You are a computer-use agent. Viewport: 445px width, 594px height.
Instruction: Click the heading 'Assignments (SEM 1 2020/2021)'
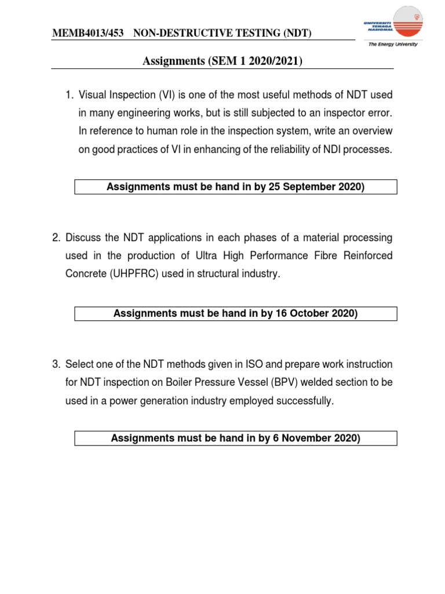222,60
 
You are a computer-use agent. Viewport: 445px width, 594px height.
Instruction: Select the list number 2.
56,238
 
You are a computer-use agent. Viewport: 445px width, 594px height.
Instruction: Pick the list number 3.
56,364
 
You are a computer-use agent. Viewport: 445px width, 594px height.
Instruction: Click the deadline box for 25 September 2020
235,187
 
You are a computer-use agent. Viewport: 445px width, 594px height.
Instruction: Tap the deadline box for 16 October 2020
235,314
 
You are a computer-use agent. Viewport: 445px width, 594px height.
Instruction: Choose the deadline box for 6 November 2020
235,439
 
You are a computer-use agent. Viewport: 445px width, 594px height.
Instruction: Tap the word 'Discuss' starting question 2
84,238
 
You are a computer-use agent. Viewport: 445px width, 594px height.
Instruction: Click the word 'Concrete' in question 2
85,274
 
